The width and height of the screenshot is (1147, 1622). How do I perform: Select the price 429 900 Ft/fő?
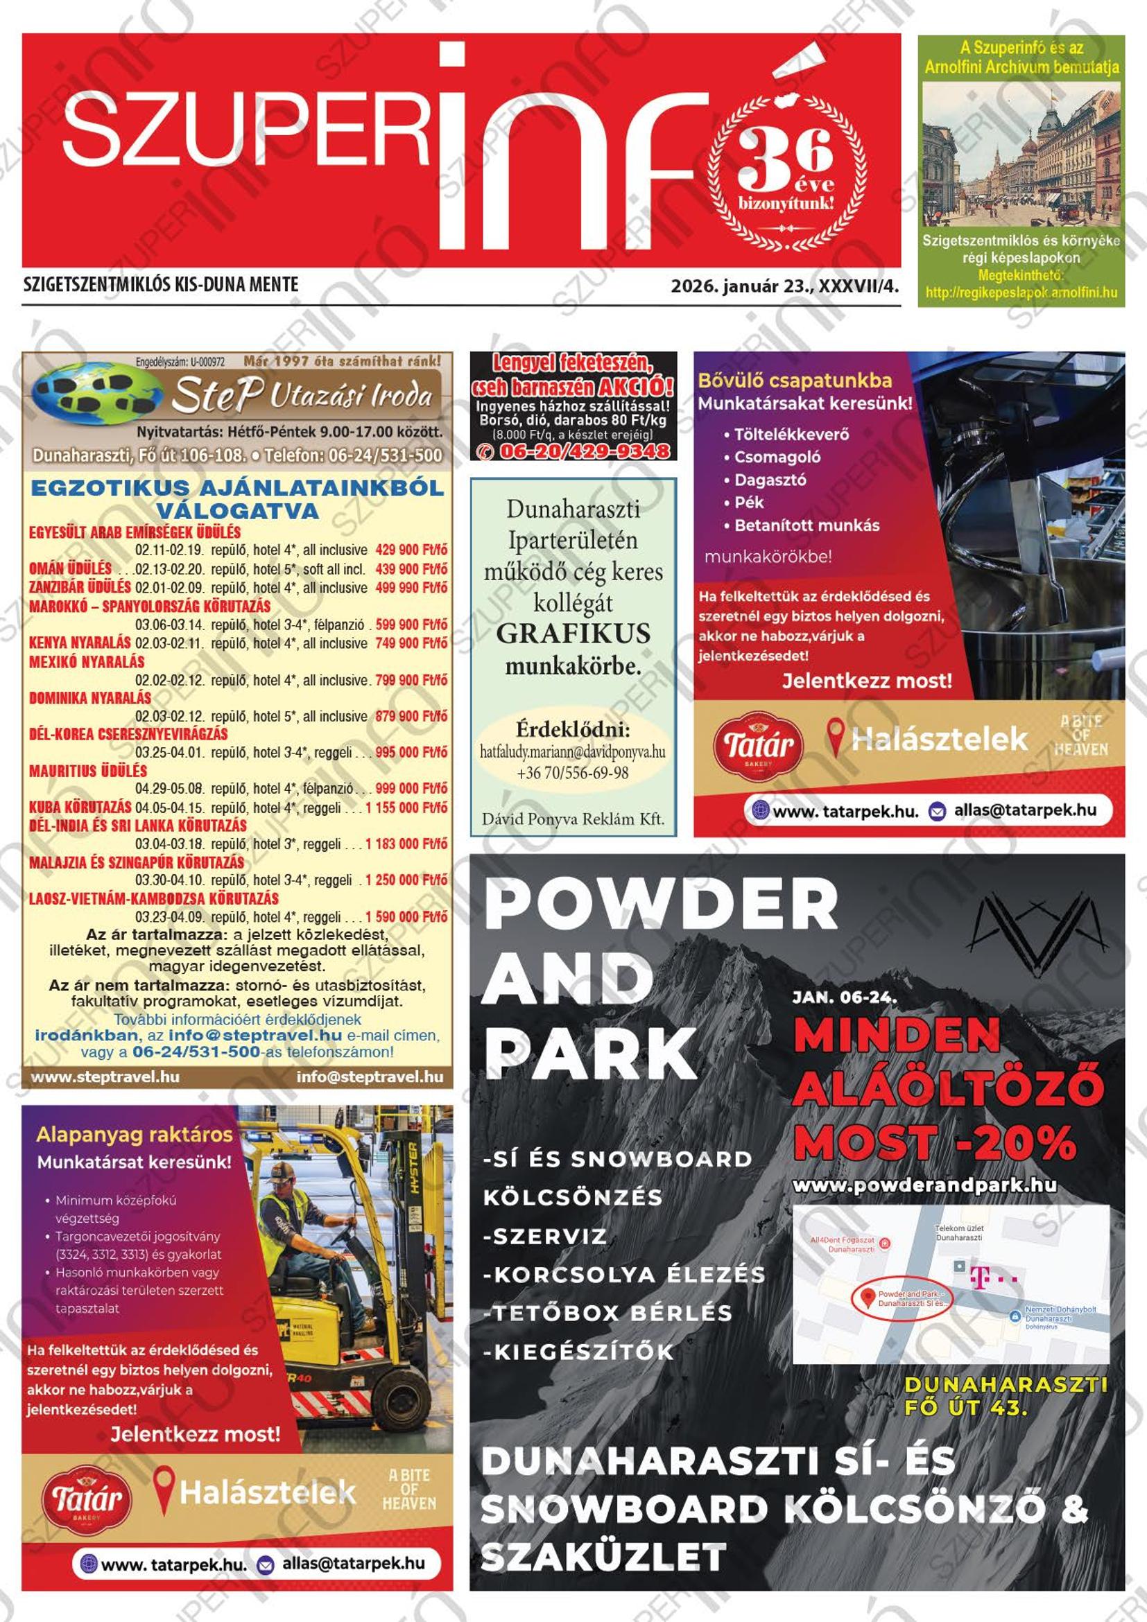coord(411,550)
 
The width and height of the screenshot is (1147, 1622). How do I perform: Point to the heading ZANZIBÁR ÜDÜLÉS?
coord(80,587)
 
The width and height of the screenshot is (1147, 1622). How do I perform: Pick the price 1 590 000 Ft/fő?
coord(406,917)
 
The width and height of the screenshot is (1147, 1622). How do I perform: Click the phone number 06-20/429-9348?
coord(583,451)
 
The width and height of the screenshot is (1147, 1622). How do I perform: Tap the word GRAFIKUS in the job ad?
coord(573,633)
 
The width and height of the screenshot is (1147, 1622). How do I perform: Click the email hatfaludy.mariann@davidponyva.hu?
coord(572,752)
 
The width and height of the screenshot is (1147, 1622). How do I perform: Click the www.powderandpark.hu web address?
coord(924,1185)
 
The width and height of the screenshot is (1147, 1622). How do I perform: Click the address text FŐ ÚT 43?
coord(965,1408)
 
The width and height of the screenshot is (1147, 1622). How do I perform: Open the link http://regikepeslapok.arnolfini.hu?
coord(1021,293)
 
